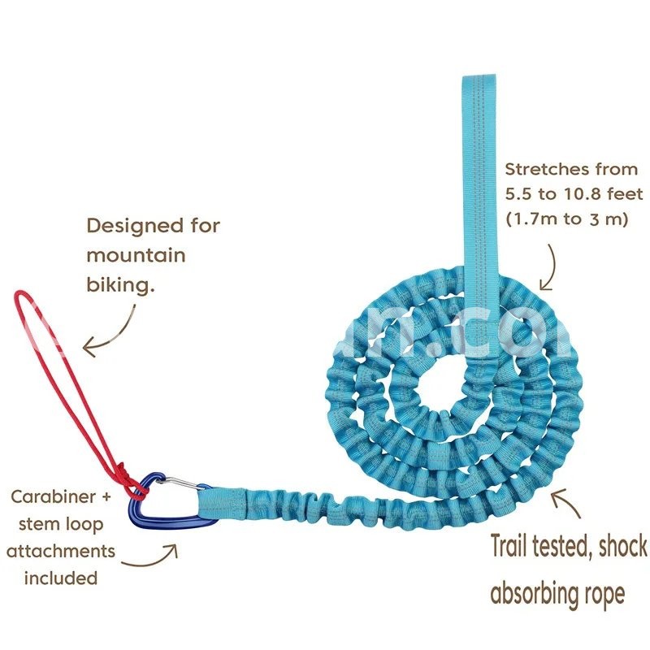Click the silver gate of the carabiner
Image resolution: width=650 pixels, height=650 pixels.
click(175, 485)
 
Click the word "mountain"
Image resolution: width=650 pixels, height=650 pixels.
click(136, 255)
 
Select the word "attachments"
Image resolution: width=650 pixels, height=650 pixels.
click(61, 551)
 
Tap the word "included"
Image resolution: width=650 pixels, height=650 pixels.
click(61, 578)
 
